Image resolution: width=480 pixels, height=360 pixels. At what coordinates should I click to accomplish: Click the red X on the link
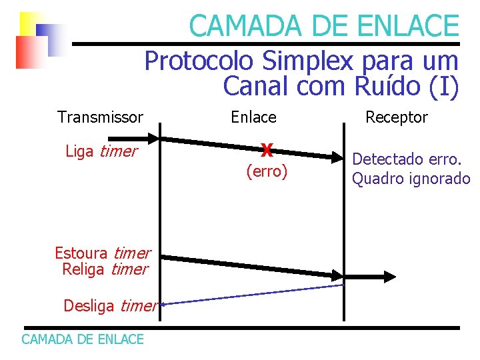pos(267,150)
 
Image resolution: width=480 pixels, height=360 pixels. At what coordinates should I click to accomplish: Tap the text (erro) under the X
pos(267,172)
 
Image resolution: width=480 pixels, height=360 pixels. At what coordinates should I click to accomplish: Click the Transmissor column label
pos(100,117)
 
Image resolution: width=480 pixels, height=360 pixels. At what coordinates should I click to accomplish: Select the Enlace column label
pos(253,117)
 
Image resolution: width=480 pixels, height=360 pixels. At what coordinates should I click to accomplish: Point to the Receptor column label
pos(397,117)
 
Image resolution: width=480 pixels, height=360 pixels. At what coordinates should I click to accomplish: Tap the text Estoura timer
pos(102,253)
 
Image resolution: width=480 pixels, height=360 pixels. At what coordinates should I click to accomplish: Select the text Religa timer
pos(105,269)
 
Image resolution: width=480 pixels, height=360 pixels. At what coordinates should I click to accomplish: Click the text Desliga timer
pos(109,306)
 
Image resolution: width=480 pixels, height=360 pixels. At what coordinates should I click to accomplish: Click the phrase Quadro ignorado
pos(411,179)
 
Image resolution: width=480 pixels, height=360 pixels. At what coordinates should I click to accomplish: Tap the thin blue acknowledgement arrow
pos(253,295)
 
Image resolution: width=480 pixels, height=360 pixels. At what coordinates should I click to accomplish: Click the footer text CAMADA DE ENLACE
pos(83,339)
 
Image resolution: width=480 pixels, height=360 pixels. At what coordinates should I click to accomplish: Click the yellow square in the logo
pos(30,24)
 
